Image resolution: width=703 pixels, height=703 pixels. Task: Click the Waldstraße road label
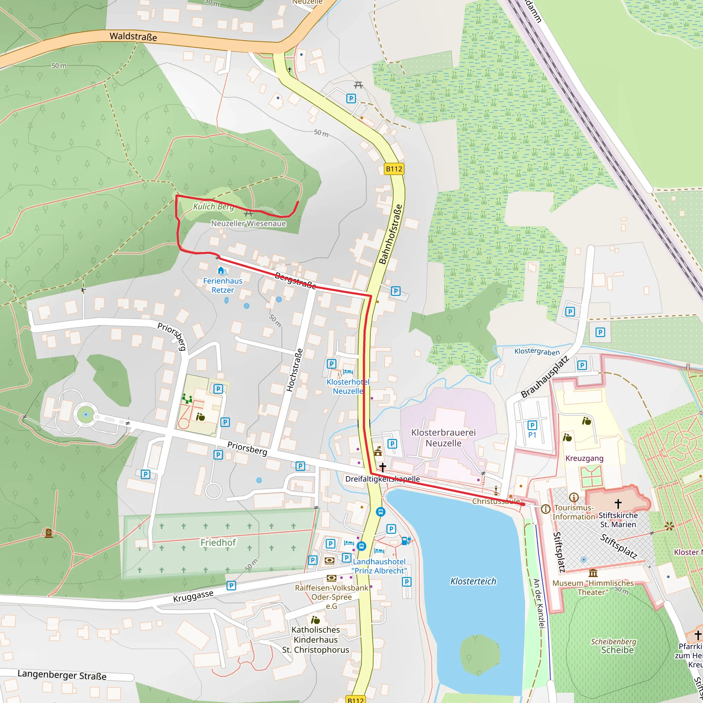pos(133,36)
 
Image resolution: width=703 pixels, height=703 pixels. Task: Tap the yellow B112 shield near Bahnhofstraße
pos(394,169)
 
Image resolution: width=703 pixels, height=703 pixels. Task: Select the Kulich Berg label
pos(213,207)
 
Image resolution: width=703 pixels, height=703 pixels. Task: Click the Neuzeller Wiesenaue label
pos(249,223)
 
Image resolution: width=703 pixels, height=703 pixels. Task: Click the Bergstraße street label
pos(295,280)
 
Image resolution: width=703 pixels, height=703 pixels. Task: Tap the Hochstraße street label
pos(295,370)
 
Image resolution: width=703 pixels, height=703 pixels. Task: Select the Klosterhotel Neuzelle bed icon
pos(348,371)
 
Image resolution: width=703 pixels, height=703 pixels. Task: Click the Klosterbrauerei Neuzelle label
pos(443,438)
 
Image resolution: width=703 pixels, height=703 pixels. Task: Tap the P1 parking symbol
pos(532,425)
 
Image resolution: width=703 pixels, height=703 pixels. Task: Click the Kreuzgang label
pos(584,459)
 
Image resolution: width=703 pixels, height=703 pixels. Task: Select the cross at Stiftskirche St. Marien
pos(618,504)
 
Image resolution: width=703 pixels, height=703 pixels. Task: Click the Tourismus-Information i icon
pos(545,509)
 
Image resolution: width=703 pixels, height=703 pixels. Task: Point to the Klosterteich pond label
pos(473,581)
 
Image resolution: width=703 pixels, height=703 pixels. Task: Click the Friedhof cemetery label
pos(218,543)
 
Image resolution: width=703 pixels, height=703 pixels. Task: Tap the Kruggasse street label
pos(193,596)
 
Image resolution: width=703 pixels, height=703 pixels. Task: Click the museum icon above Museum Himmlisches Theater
pos(593,574)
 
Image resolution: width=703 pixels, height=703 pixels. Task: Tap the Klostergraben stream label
pos(537,351)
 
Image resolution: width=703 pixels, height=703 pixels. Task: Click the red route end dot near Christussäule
pos(523,504)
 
